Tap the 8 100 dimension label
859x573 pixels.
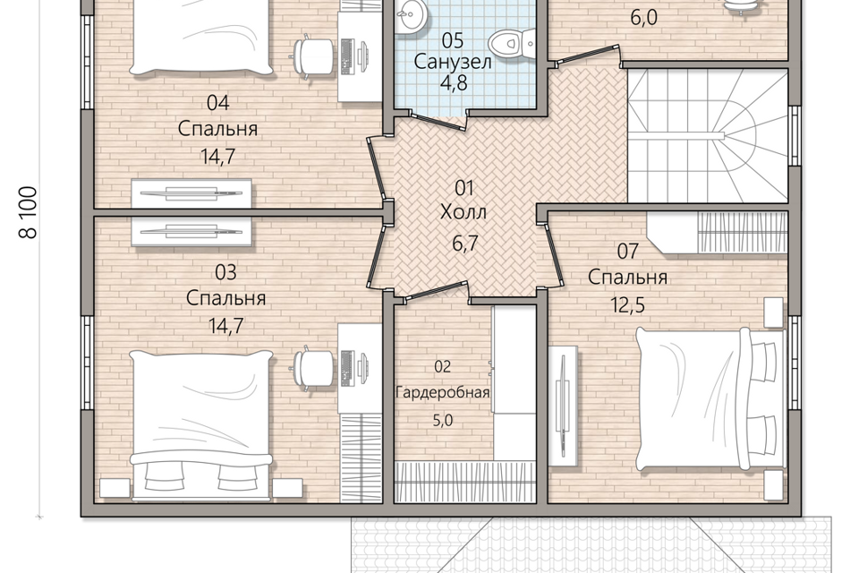coord(28,213)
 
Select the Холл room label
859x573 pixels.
coord(464,211)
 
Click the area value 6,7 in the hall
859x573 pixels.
coord(465,243)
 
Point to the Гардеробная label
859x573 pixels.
coord(443,393)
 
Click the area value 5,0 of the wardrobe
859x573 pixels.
coord(443,421)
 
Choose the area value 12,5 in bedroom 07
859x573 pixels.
coord(628,305)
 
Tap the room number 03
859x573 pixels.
coord(225,272)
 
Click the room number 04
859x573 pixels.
coord(218,103)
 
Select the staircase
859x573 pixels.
coord(708,136)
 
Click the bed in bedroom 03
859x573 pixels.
coord(200,425)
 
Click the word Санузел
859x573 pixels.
coord(453,62)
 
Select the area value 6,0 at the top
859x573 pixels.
coord(643,18)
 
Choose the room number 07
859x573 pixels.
coord(628,251)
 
